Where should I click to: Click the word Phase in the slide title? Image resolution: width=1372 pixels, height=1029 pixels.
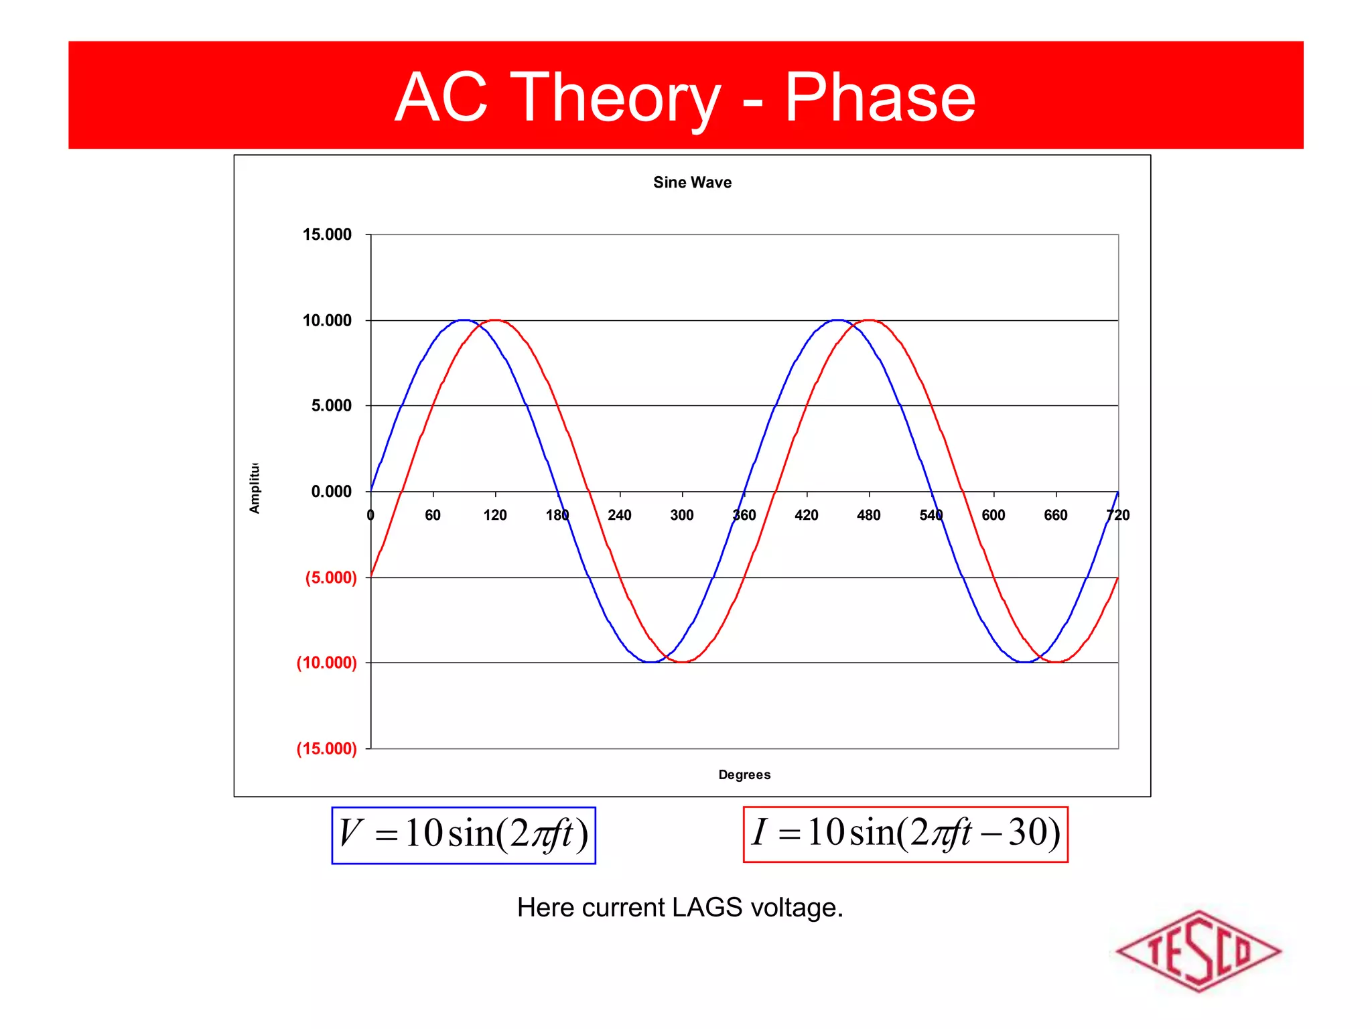tap(880, 98)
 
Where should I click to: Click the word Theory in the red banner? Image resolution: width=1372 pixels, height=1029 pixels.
tap(615, 98)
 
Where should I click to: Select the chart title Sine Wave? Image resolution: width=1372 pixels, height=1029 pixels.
tap(692, 182)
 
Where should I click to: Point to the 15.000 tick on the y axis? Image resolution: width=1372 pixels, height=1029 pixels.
tap(327, 234)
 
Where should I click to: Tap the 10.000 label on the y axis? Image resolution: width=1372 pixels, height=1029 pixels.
tap(327, 320)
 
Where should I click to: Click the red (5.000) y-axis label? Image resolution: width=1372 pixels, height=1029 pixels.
tap(330, 577)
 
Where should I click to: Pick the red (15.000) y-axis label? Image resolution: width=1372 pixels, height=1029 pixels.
tap(326, 748)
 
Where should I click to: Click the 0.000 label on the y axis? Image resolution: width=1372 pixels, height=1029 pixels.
tap(331, 492)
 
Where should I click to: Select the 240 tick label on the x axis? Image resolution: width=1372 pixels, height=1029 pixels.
tap(619, 515)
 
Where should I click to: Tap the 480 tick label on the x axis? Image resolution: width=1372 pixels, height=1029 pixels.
tap(868, 515)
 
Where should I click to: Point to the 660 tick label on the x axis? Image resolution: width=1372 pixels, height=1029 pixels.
tap(1055, 515)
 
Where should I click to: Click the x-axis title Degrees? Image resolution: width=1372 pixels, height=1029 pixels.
tap(744, 774)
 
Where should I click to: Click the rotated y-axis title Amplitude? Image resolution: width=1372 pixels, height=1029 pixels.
tap(255, 488)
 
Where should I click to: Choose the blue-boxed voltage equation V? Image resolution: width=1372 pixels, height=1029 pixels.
tap(464, 835)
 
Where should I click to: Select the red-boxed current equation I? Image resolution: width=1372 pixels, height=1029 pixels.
tap(905, 833)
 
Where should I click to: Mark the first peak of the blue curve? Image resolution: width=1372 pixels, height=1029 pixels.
tap(464, 320)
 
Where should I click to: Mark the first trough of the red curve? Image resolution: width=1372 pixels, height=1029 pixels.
tap(682, 662)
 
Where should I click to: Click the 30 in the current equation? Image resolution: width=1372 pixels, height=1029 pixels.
tap(1027, 833)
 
